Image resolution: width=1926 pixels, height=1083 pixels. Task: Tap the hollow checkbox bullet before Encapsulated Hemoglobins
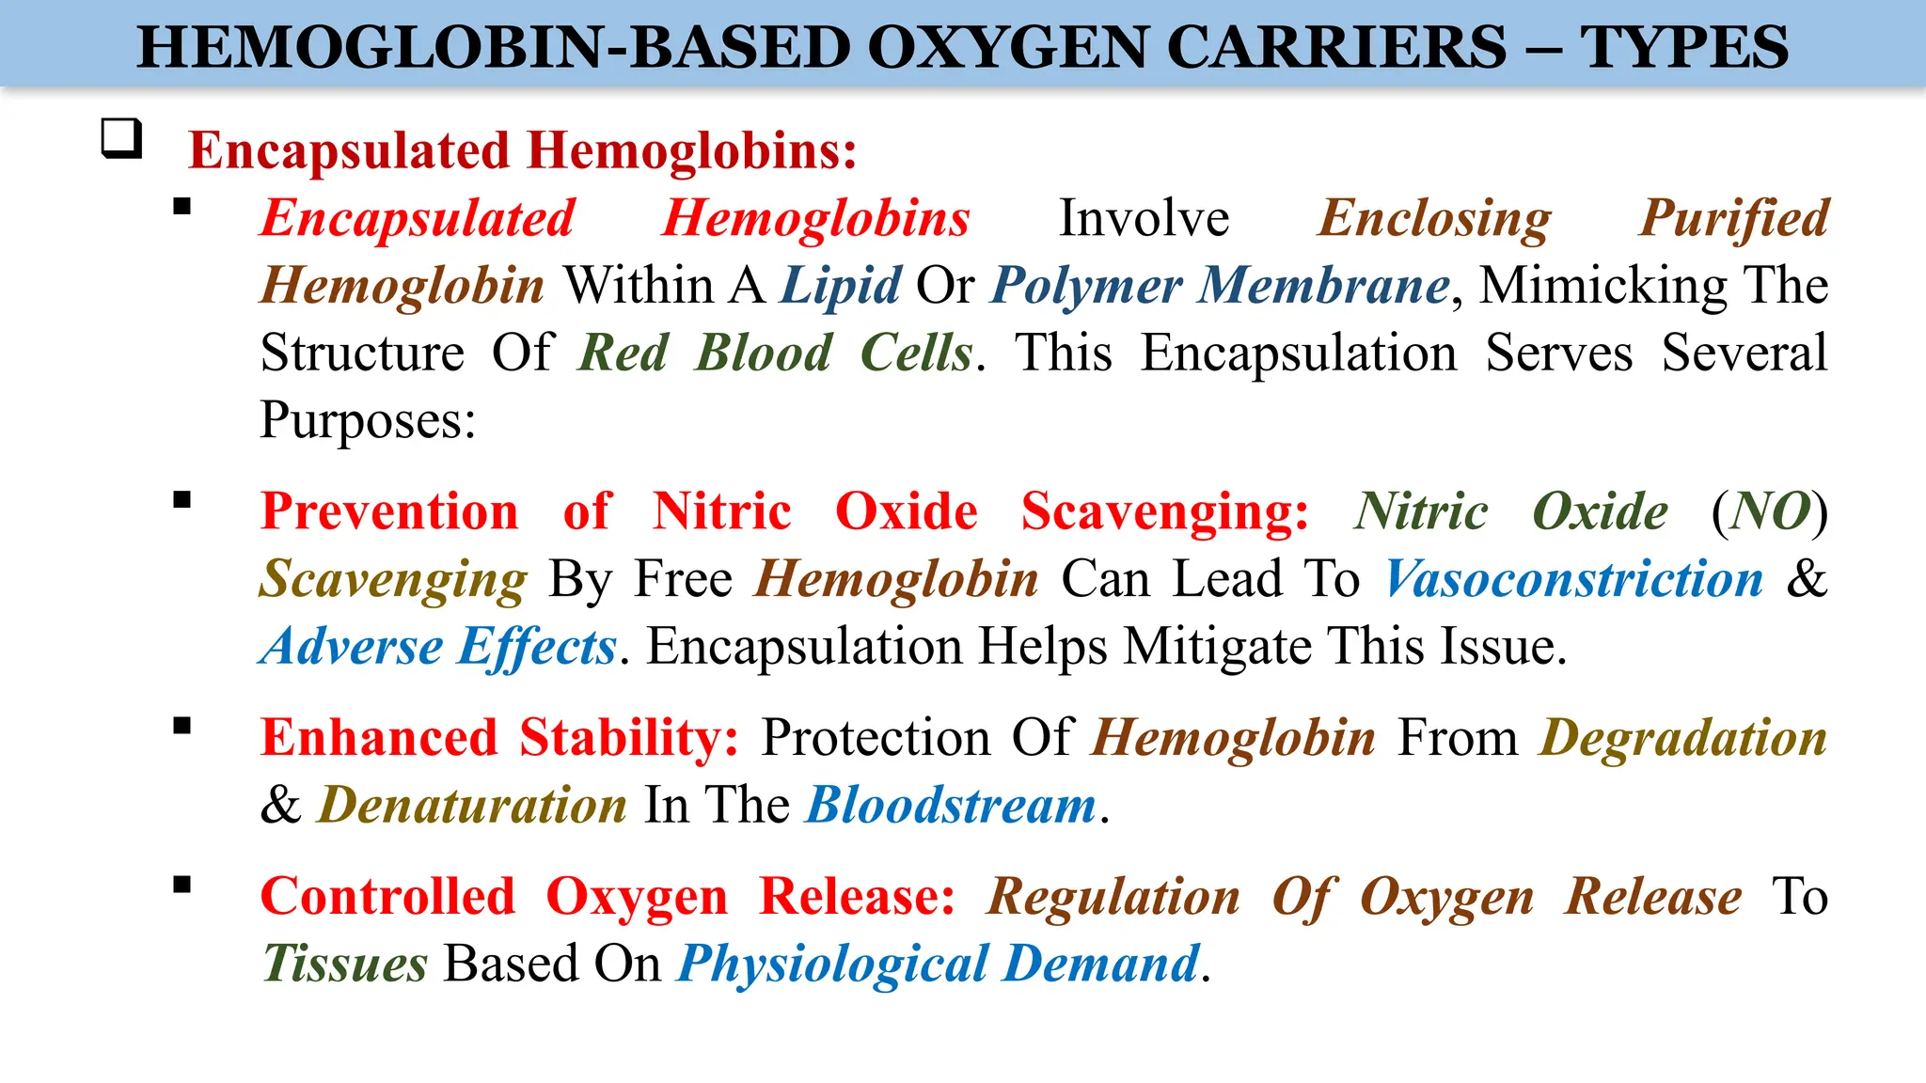pyautogui.click(x=121, y=139)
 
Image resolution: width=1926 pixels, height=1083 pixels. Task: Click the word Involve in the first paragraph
pyautogui.click(x=1144, y=218)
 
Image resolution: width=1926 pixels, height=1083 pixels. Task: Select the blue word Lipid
pyautogui.click(x=841, y=285)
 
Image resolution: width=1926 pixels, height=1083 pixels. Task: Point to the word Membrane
pyautogui.click(x=1323, y=285)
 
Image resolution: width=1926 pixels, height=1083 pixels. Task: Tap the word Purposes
pyautogui.click(x=367, y=419)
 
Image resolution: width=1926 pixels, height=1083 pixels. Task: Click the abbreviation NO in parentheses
pyautogui.click(x=1770, y=511)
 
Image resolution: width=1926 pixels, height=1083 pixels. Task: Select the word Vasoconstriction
pyautogui.click(x=1573, y=578)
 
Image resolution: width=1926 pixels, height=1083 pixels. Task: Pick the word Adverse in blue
pyautogui.click(x=352, y=647)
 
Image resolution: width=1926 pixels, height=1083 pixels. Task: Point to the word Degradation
pyautogui.click(x=1682, y=737)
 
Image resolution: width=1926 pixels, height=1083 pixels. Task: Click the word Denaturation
pyautogui.click(x=473, y=806)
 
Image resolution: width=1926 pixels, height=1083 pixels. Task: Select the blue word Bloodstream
pyautogui.click(x=951, y=806)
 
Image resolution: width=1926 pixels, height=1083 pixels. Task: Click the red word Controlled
pyautogui.click(x=387, y=896)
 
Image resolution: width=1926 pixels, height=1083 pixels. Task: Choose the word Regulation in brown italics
pyautogui.click(x=1113, y=896)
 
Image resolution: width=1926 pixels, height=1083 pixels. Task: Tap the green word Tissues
pyautogui.click(x=345, y=964)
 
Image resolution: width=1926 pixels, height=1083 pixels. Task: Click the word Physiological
pyautogui.click(x=832, y=964)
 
